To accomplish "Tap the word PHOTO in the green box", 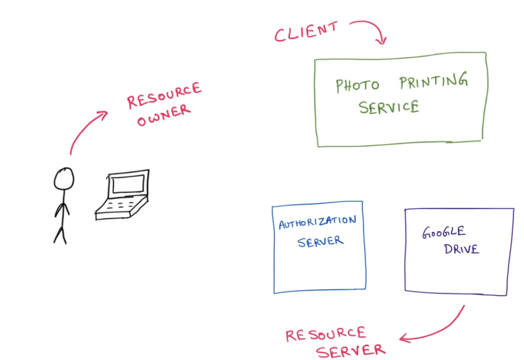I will click(357, 85).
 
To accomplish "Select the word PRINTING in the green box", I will click(433, 81).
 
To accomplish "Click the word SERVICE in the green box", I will click(389, 107).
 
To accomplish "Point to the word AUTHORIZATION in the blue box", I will click(317, 222).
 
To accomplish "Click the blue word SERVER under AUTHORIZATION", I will click(321, 242).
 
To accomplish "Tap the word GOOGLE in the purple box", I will click(444, 232).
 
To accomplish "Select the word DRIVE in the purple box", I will click(461, 249).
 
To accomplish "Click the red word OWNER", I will click(164, 116).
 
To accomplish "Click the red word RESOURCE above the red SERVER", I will click(326, 335).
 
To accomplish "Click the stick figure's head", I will click(64, 178).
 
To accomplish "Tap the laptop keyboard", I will click(120, 206).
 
